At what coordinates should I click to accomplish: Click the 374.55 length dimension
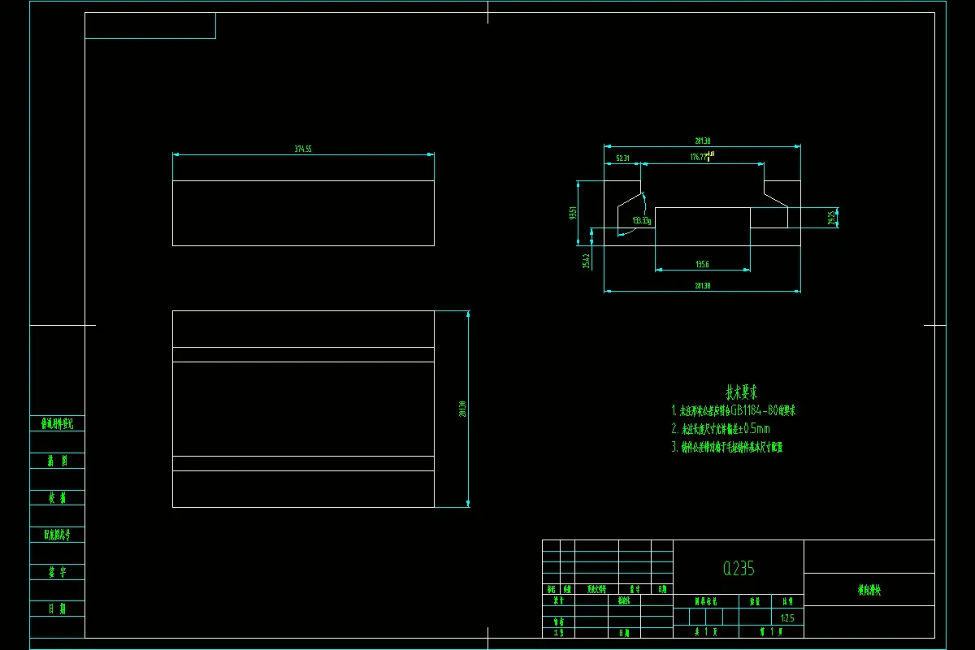coord(303,149)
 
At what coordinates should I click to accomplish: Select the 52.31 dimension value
coord(623,158)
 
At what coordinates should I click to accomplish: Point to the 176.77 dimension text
coord(698,157)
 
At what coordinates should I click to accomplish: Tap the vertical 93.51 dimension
coord(573,213)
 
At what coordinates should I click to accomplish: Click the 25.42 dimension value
coord(586,260)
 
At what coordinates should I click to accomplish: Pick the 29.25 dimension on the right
coord(832,218)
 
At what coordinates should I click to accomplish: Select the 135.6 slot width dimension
coord(702,264)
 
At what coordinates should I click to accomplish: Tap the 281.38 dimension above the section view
coord(703,141)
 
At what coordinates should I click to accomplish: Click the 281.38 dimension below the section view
coord(703,285)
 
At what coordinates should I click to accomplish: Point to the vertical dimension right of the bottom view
coord(462,409)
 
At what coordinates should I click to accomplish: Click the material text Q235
coord(739,569)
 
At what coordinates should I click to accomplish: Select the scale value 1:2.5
coord(786,618)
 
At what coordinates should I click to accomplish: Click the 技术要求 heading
coord(742,392)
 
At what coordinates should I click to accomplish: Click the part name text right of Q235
coord(869,591)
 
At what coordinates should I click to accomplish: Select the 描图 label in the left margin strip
coord(57,461)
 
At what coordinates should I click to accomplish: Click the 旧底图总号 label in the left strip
coord(57,535)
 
